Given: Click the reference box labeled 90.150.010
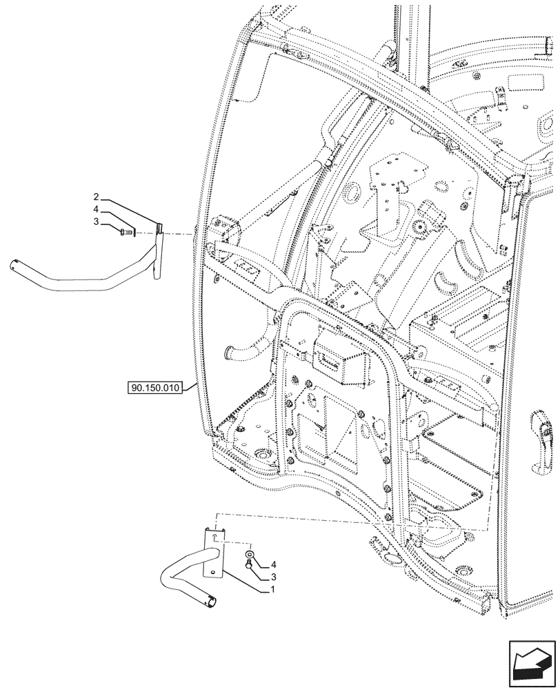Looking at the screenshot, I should tap(154, 388).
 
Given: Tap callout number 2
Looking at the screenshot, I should tap(97, 197).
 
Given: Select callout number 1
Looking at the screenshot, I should tap(273, 590).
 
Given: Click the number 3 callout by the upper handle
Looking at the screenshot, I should tap(97, 221).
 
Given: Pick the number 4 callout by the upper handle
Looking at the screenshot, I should tap(97, 209).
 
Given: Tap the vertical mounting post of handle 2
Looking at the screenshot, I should tap(159, 252).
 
